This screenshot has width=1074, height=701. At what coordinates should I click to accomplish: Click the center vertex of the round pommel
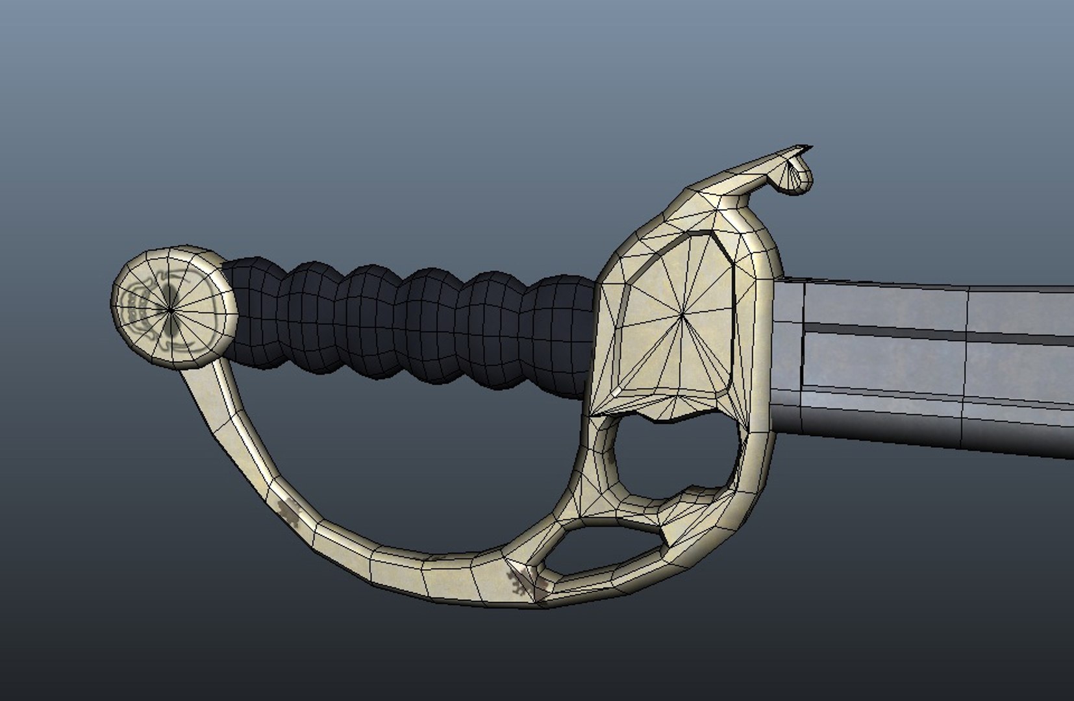click(x=170, y=310)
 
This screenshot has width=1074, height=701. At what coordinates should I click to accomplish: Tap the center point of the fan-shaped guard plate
click(x=683, y=316)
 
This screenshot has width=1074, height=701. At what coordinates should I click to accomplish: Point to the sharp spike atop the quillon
click(x=805, y=149)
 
